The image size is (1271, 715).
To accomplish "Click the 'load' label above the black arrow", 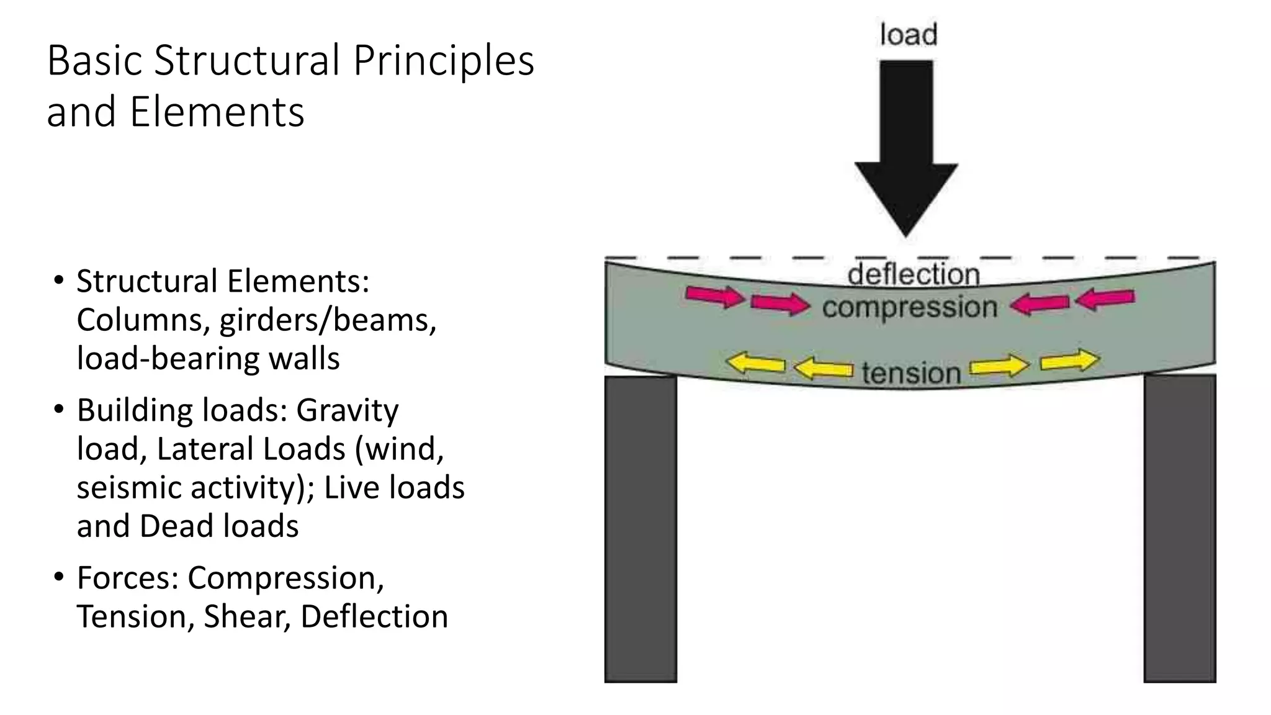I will click(x=908, y=35).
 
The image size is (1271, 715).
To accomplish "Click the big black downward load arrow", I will click(x=906, y=143).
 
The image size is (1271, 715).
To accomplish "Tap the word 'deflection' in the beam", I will click(x=914, y=275).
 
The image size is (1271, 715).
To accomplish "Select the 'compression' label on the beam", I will click(x=910, y=307).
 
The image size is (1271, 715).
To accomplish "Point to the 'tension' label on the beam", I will click(x=911, y=373).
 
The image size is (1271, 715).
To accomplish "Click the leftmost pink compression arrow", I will click(x=715, y=296).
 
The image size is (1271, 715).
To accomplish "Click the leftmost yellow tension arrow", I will click(x=755, y=363).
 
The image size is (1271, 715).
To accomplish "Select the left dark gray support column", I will click(x=640, y=528).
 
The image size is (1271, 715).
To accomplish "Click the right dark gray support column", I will click(x=1179, y=528).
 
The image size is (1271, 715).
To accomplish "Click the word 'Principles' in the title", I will click(x=443, y=61).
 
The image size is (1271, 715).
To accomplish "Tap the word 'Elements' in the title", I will click(x=217, y=112).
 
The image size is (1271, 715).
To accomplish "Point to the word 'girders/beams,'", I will click(x=328, y=320).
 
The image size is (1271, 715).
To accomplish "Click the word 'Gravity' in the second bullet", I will click(x=347, y=410).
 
